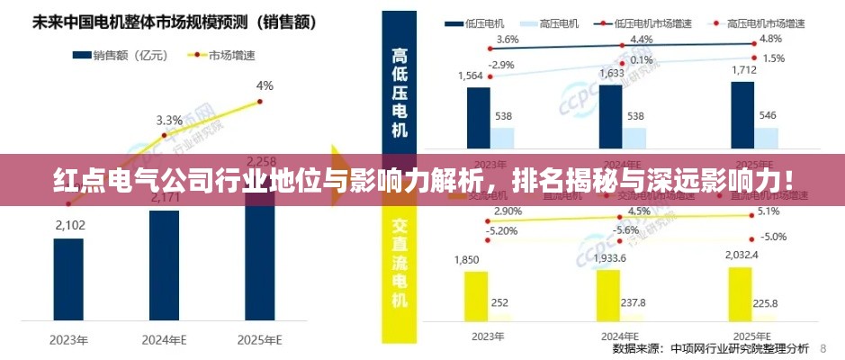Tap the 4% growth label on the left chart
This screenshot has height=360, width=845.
tap(265, 86)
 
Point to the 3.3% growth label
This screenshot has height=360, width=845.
tap(169, 120)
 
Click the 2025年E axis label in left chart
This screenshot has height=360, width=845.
tap(260, 339)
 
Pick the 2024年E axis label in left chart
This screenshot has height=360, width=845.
tap(165, 339)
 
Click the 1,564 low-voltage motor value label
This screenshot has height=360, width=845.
tap(470, 76)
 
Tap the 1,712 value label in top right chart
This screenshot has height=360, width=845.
tap(742, 69)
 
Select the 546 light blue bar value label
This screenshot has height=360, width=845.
tap(768, 116)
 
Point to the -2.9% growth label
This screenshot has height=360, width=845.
tap(500, 65)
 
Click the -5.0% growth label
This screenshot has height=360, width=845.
tap(773, 237)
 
